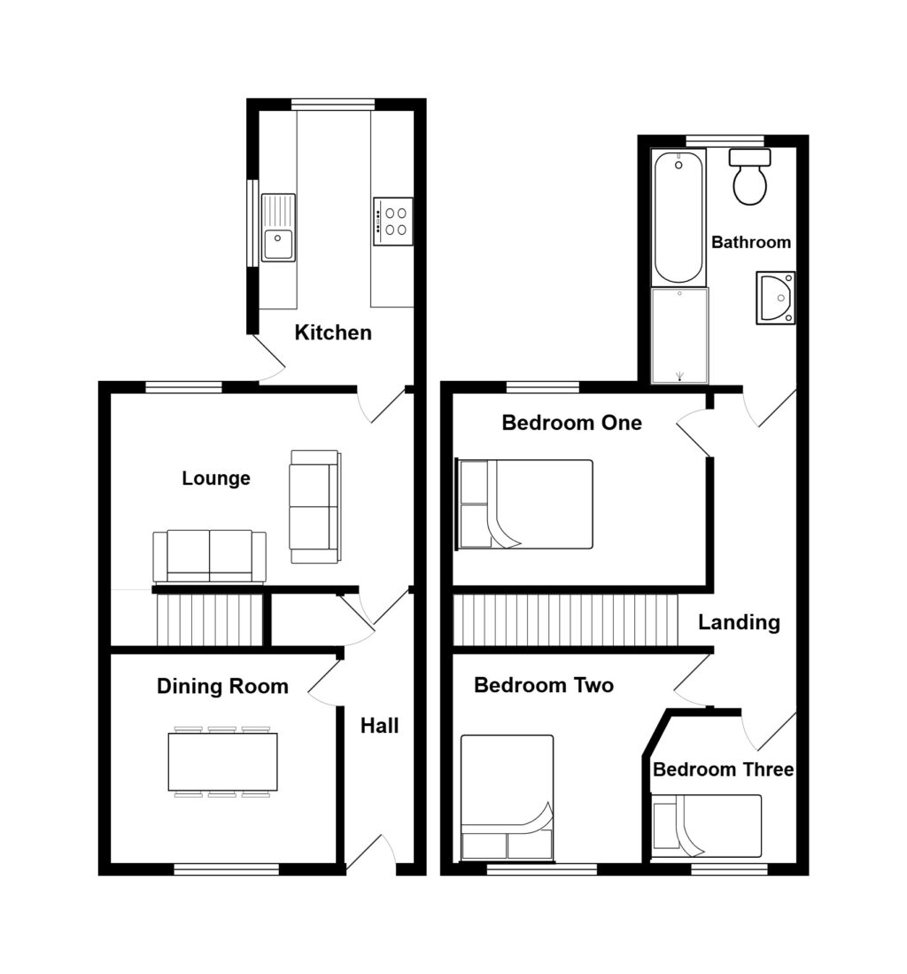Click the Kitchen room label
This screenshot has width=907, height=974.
[333, 332]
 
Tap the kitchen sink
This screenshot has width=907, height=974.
[278, 228]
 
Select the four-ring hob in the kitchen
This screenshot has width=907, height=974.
[393, 222]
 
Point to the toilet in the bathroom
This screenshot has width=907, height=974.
[750, 176]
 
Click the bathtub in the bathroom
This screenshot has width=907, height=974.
[678, 217]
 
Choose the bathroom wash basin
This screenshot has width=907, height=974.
[775, 298]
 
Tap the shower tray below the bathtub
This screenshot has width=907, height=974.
[679, 335]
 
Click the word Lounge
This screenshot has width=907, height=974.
[216, 479]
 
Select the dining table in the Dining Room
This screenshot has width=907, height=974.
[222, 761]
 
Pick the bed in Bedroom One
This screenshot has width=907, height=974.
[524, 504]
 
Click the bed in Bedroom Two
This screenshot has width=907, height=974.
[508, 799]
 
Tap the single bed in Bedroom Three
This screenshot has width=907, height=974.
[707, 825]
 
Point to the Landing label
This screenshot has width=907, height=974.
[739, 622]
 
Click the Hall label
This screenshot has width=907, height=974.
[379, 726]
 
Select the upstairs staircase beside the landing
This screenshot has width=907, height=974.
[565, 619]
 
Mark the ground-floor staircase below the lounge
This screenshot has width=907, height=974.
[208, 619]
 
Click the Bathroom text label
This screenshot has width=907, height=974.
[751, 242]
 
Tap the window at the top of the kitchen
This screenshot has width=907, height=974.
[333, 105]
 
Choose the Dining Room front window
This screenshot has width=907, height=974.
[227, 869]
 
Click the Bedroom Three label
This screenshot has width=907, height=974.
[724, 769]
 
